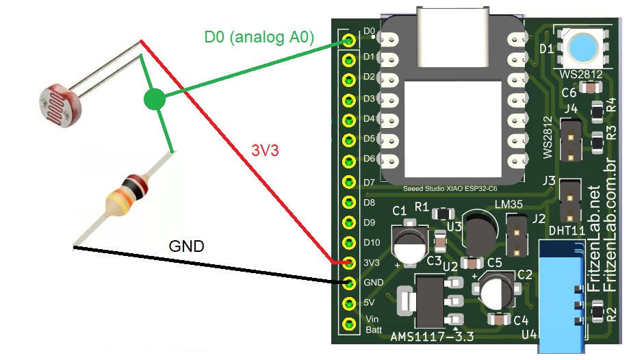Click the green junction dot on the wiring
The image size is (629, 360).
155,100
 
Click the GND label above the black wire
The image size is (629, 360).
187,246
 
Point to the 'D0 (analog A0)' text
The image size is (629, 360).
259,38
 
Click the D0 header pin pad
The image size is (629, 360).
349,40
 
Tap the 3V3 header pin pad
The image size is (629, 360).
349,263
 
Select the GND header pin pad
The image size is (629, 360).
349,283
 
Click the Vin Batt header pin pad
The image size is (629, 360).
349,323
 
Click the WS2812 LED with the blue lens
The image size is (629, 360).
581,48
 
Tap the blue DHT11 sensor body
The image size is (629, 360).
561,294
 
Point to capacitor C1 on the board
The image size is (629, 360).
409,243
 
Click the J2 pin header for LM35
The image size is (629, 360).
517,234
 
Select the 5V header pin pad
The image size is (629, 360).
349,303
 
